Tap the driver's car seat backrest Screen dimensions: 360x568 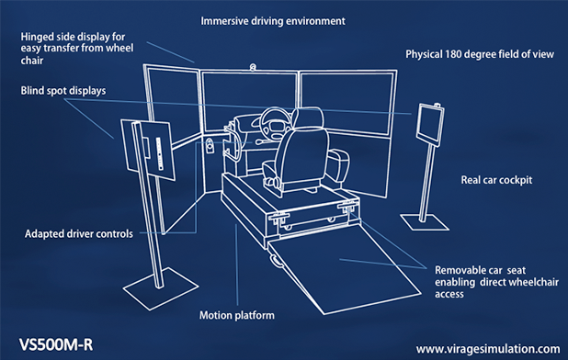[x=299, y=152]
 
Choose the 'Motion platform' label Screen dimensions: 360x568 [x=236, y=315]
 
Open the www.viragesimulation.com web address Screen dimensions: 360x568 [x=487, y=349]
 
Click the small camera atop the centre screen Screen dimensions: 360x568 [x=253, y=67]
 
